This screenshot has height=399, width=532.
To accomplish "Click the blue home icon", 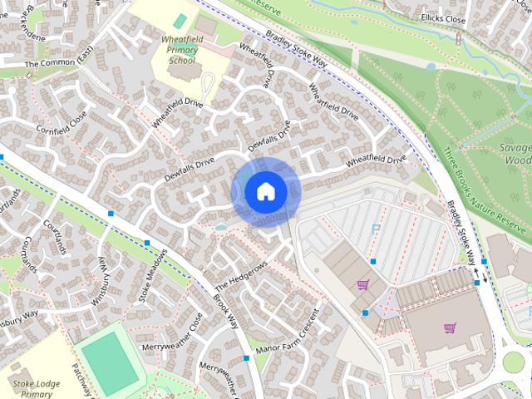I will [x=265, y=191].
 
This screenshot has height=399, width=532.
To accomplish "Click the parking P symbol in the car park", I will [x=376, y=226].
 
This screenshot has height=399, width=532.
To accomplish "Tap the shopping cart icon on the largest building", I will [x=450, y=328].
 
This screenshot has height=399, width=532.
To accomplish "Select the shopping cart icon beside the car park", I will [x=362, y=284].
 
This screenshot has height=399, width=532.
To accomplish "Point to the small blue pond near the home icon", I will [x=220, y=226].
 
